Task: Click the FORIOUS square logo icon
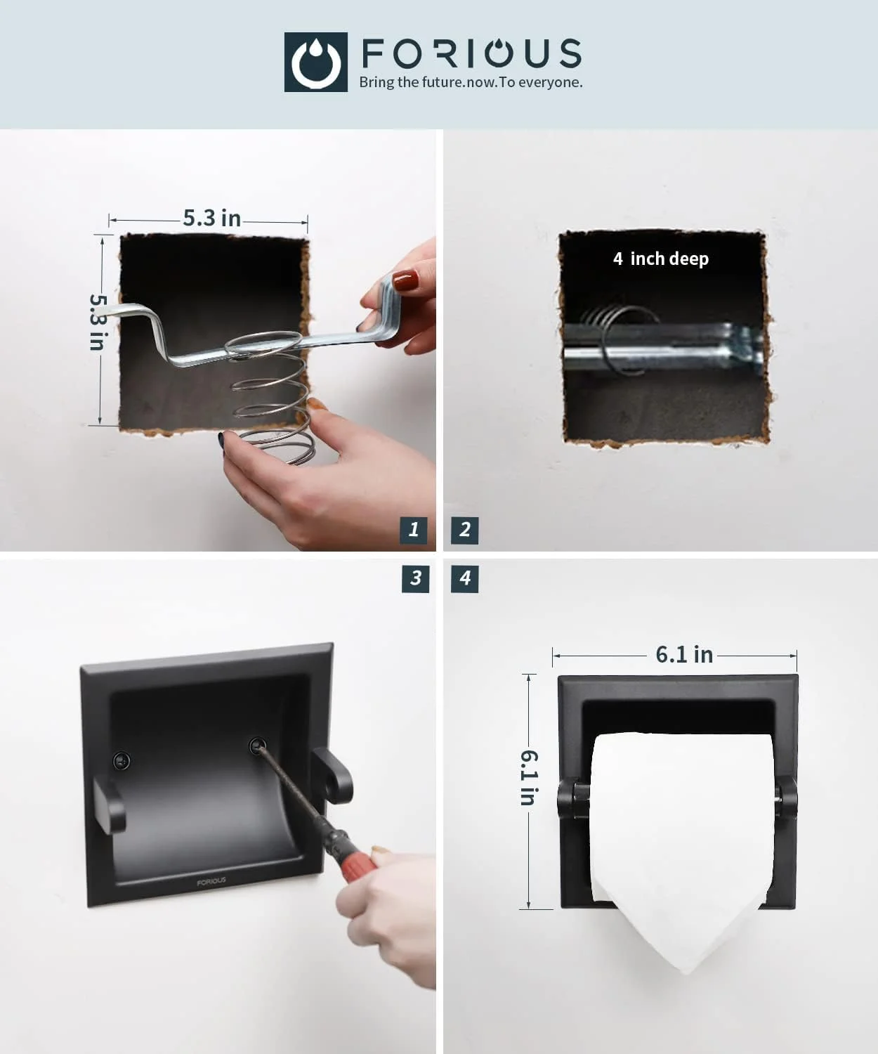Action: (x=316, y=62)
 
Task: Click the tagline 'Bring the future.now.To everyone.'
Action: (x=471, y=82)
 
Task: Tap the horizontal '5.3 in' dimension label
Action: (x=212, y=218)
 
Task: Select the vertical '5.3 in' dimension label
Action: (x=98, y=322)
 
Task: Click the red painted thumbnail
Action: (x=406, y=280)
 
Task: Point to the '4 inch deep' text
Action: (x=661, y=259)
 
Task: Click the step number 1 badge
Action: (x=414, y=530)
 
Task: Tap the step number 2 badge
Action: (x=465, y=530)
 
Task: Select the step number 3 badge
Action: (x=415, y=578)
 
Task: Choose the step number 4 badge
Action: (x=465, y=578)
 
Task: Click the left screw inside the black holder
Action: (x=121, y=760)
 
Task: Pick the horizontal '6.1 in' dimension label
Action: (x=684, y=655)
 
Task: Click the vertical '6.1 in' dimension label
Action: (x=530, y=777)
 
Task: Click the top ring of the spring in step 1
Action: (x=263, y=344)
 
